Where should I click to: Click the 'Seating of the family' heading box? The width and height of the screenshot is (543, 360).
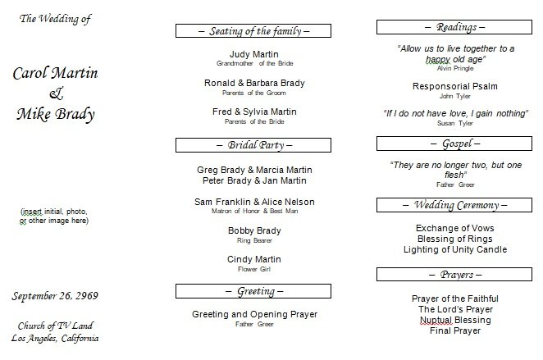click(x=253, y=31)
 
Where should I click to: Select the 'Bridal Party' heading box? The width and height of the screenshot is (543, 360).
click(x=253, y=145)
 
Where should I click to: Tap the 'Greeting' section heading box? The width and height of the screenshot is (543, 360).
click(x=253, y=291)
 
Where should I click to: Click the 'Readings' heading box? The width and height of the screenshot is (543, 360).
click(x=454, y=27)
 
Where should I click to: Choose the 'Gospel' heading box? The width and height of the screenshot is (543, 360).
click(x=454, y=144)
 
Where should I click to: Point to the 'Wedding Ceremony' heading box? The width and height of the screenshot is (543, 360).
click(x=454, y=205)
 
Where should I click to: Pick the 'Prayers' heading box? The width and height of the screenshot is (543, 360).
click(x=454, y=275)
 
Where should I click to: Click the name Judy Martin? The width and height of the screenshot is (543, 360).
click(x=254, y=54)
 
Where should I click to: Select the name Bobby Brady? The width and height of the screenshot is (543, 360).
click(x=254, y=231)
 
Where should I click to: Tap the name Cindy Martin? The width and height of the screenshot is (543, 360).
click(x=254, y=259)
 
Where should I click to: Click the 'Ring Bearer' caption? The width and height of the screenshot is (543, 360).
click(x=254, y=240)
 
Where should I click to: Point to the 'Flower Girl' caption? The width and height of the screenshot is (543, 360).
click(x=254, y=269)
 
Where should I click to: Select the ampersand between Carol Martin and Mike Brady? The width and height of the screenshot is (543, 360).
click(x=56, y=93)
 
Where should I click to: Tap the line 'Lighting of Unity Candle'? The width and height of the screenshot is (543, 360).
click(x=455, y=249)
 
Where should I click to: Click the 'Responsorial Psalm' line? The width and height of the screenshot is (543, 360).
click(x=455, y=87)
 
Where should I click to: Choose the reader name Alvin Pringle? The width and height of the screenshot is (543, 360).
click(x=455, y=69)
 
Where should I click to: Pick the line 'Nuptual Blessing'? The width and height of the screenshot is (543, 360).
click(x=455, y=320)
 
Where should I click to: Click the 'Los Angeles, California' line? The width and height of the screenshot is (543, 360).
click(x=55, y=338)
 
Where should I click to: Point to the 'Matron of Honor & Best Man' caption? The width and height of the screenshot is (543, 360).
click(x=254, y=211)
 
